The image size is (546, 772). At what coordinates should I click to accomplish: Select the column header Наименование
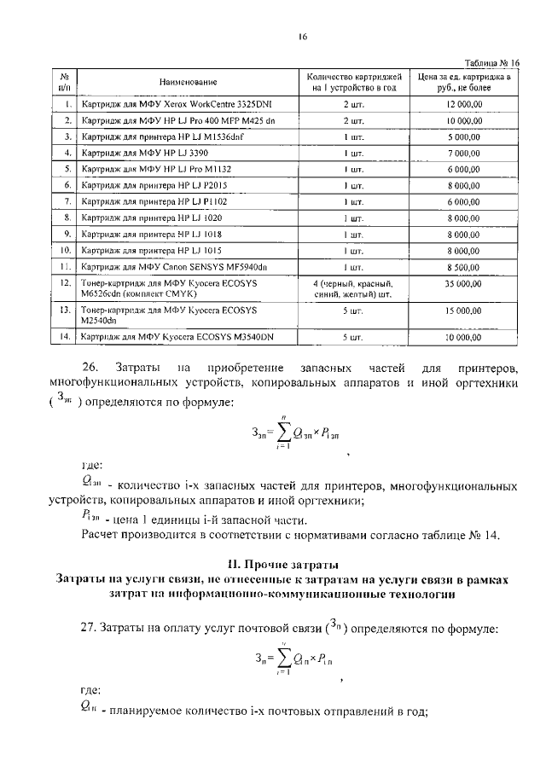pos(188,82)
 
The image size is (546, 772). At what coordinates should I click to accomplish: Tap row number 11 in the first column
pos(64,267)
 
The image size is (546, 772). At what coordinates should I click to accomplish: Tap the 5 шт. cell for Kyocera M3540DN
pos(352,338)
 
